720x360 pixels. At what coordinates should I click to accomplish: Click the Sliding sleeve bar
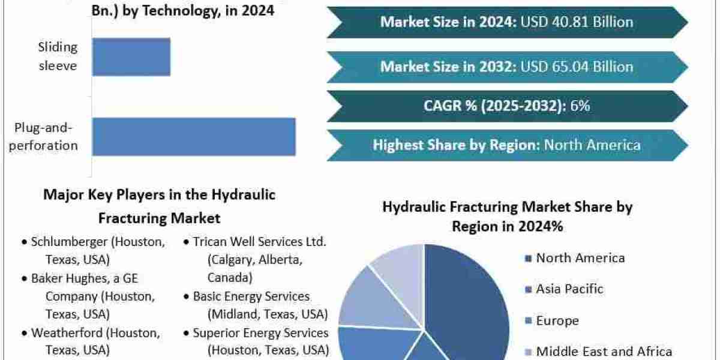[x=131, y=57]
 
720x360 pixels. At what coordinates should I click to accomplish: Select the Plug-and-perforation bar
[x=194, y=137]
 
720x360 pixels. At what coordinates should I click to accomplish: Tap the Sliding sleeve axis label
[x=58, y=56]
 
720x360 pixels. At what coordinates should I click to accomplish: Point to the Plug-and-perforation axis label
[x=43, y=137]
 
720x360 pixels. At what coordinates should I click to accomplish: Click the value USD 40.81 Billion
[x=577, y=22]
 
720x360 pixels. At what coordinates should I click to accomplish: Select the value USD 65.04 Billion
[x=577, y=67]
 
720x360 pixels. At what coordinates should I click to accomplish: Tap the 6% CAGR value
[x=580, y=106]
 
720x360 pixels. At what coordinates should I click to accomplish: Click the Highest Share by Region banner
[x=507, y=145]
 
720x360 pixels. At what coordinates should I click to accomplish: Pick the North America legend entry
[x=575, y=258]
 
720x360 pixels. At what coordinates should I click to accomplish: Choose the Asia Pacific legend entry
[x=564, y=289]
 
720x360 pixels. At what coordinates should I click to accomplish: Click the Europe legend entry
[x=552, y=320]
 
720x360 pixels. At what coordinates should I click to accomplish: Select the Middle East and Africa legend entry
[x=598, y=352]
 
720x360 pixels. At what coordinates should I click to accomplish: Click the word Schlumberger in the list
[x=69, y=242]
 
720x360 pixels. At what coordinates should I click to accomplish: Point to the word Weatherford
[x=67, y=333]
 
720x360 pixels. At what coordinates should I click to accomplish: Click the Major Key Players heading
[x=160, y=206]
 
